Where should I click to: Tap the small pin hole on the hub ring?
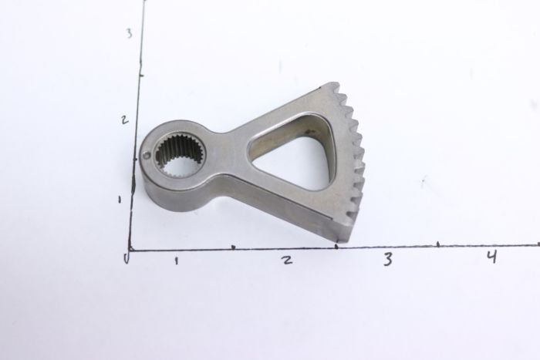[147, 156]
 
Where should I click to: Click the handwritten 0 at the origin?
[127, 257]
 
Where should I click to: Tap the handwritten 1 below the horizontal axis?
[177, 261]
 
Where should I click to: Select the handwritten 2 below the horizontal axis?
[287, 260]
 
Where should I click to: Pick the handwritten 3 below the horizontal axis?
[388, 259]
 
